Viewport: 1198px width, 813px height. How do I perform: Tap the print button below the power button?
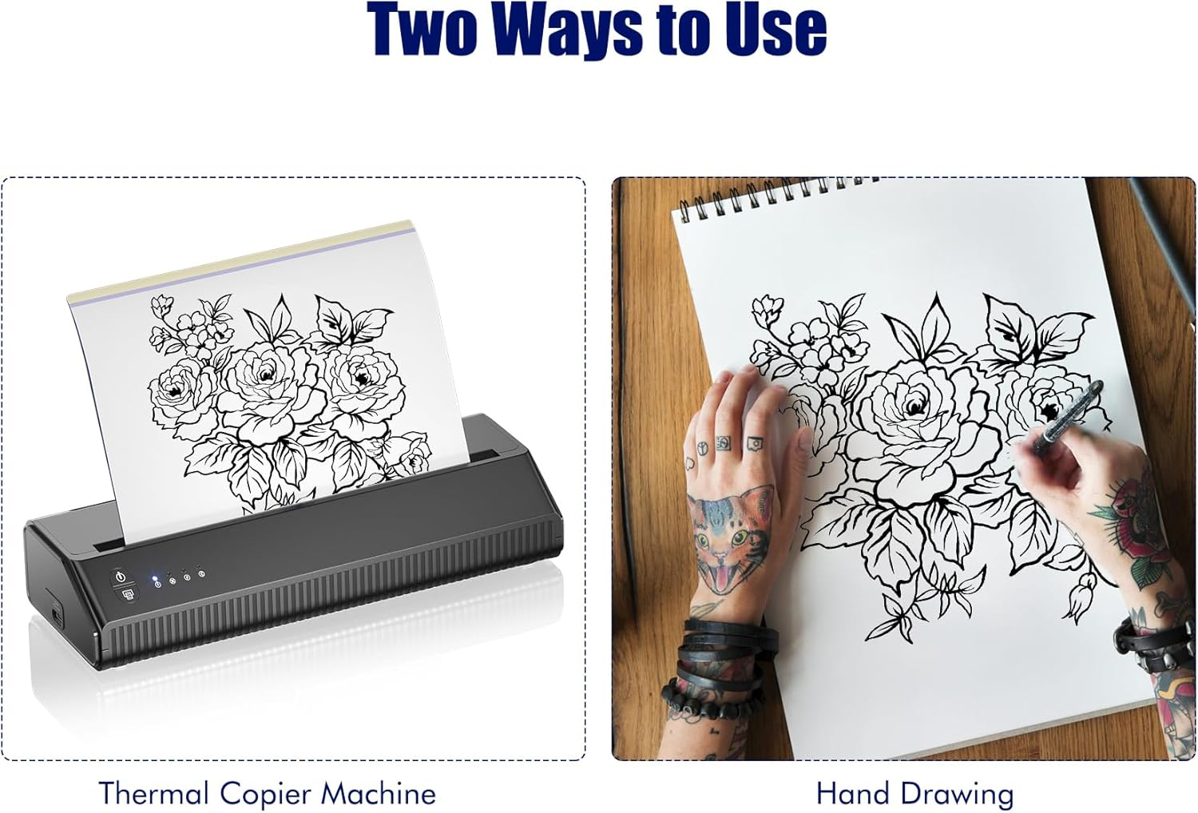click(x=127, y=594)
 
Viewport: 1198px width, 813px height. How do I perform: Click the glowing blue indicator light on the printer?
click(x=157, y=577)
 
